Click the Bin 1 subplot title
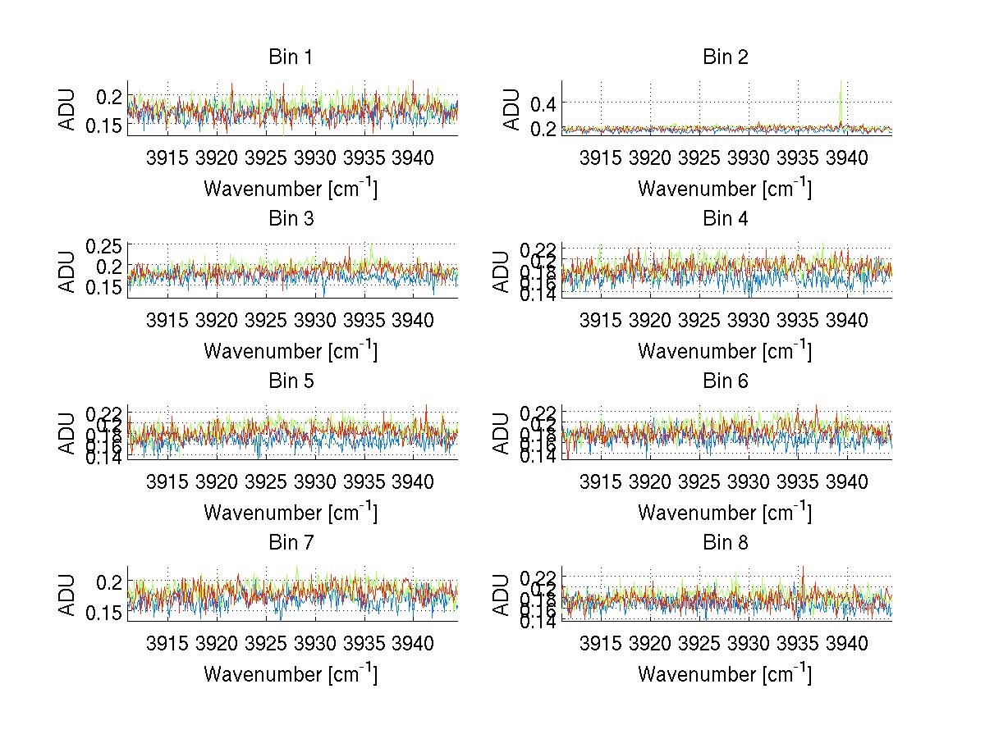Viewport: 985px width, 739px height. pyautogui.click(x=291, y=57)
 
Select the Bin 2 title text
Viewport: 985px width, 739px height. pyautogui.click(x=726, y=57)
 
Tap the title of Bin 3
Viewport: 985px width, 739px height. pyautogui.click(x=291, y=219)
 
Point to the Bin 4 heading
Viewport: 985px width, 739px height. pyautogui.click(x=726, y=219)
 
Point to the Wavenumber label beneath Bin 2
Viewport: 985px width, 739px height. pyautogui.click(x=726, y=189)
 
